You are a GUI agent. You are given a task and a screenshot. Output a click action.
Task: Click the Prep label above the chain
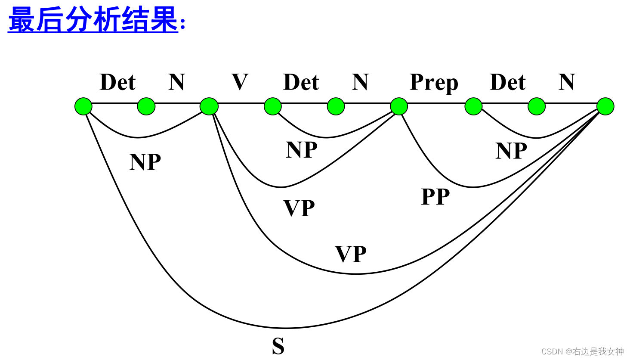pyautogui.click(x=433, y=83)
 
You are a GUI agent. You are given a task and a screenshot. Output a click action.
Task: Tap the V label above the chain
pyautogui.click(x=240, y=82)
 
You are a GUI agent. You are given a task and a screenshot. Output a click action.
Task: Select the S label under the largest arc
pyautogui.click(x=278, y=346)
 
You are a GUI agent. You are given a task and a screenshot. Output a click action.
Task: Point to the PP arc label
pyautogui.click(x=435, y=197)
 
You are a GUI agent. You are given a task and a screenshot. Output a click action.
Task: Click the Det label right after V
pyautogui.click(x=301, y=82)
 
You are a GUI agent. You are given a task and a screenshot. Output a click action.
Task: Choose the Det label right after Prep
pyautogui.click(x=507, y=82)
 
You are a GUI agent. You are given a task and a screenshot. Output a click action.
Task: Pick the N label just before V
pyautogui.click(x=176, y=82)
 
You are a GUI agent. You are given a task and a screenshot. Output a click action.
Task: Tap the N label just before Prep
pyautogui.click(x=360, y=82)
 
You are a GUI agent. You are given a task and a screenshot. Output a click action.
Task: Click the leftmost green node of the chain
pyautogui.click(x=83, y=106)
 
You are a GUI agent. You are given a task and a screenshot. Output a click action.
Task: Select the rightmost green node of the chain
pyautogui.click(x=605, y=106)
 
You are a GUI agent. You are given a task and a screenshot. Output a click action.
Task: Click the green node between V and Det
pyautogui.click(x=272, y=106)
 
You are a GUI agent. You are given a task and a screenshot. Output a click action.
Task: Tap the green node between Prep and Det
pyautogui.click(x=473, y=106)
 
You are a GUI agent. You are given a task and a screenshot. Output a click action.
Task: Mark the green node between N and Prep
pyautogui.click(x=399, y=106)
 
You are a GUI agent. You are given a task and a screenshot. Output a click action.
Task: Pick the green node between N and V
pyautogui.click(x=209, y=106)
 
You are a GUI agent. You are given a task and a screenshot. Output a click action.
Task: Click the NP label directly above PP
pyautogui.click(x=511, y=151)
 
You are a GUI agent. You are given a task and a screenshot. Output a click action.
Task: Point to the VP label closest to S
pyautogui.click(x=351, y=254)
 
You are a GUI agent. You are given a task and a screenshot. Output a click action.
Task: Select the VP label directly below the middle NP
pyautogui.click(x=299, y=208)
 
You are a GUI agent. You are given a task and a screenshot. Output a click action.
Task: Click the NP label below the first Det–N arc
pyautogui.click(x=145, y=162)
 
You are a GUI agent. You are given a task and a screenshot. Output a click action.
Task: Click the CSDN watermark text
pyautogui.click(x=582, y=351)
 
